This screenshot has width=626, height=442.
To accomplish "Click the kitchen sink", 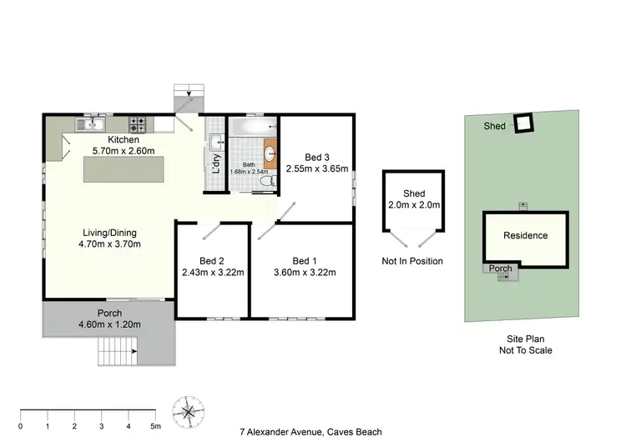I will pyautogui.click(x=89, y=125).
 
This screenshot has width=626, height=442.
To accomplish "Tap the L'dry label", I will pyautogui.click(x=215, y=162).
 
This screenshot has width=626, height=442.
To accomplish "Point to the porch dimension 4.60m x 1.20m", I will pyautogui.click(x=110, y=324).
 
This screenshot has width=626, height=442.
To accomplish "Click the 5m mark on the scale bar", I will pyautogui.click(x=156, y=425).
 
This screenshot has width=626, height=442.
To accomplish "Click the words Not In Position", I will pyautogui.click(x=412, y=261).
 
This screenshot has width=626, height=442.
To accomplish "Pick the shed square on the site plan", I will pyautogui.click(x=523, y=123).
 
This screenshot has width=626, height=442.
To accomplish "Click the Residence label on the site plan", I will pyautogui.click(x=525, y=236).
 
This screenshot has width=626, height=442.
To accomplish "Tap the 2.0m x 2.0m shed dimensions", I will pyautogui.click(x=414, y=205).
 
